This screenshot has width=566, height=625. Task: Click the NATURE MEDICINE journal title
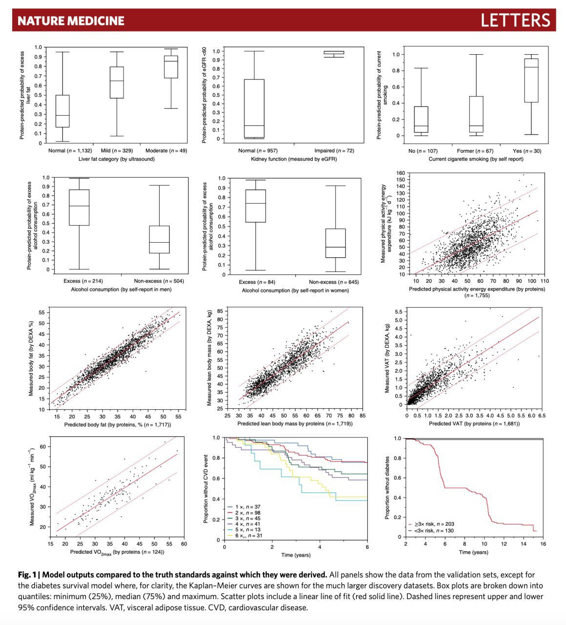coord(71,21)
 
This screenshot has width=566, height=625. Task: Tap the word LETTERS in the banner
coord(515,21)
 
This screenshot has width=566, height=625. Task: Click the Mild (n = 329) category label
coord(117,150)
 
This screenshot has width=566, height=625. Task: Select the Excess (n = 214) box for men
coord(79,207)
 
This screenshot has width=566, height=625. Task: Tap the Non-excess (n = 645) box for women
coord(335,243)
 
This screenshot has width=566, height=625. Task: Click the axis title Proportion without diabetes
coord(387,488)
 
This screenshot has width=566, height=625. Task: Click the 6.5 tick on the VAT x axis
coord(539,416)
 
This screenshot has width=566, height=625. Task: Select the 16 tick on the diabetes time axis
coord(543,543)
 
